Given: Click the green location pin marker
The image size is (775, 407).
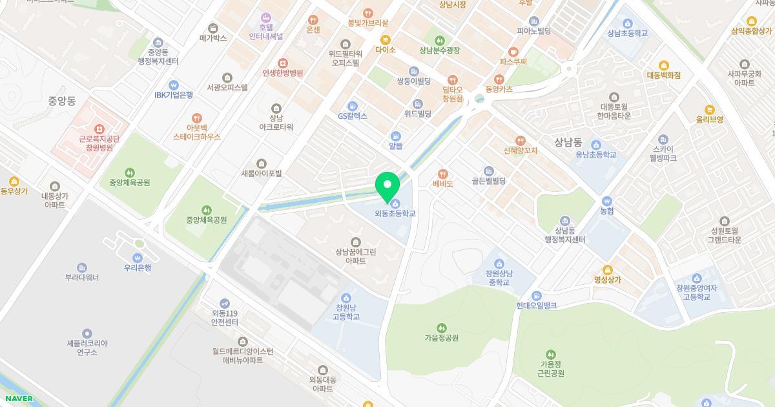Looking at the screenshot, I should point(387,186).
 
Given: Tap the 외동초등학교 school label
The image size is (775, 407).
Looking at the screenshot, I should point(395,213).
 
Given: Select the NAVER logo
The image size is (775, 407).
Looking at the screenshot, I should point(18,399).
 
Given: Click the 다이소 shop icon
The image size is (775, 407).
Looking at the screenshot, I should point(385,39).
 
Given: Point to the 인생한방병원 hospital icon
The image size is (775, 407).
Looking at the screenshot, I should point(283,63).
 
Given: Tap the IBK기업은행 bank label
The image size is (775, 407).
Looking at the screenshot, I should point(173,95).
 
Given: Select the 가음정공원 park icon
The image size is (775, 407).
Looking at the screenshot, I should point(441,328).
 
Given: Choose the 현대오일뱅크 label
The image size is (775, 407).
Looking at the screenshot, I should point(536,306).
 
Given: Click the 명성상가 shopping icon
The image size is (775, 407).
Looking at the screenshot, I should point(607,270).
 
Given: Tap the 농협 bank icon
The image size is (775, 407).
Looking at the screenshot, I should point(606,201).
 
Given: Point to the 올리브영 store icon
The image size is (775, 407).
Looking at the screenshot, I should point(709,109).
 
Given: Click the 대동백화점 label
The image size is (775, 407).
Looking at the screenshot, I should point(663,76).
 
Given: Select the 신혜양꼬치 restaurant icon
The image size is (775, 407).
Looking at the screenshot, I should point(520,140).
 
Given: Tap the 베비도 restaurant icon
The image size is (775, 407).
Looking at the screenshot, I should point(443,174).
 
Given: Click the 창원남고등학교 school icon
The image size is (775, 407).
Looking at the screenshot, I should point(346,298).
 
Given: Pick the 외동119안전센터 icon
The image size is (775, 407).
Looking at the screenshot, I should point(225,303).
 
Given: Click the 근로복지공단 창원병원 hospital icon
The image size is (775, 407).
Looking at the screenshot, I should point(99,129).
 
